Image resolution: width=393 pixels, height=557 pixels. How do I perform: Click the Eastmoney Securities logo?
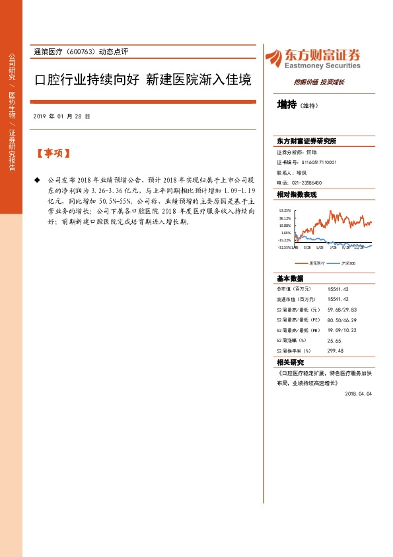pyautogui.click(x=312, y=58)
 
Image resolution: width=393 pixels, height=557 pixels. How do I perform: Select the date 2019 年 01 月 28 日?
pyautogui.click(x=61, y=116)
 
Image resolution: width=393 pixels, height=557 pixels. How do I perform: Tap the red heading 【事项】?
pyautogui.click(x=53, y=154)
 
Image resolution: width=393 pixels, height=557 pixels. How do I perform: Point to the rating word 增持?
pyautogui.click(x=287, y=105)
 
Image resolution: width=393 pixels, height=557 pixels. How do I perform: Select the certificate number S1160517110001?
pyautogui.click(x=318, y=161)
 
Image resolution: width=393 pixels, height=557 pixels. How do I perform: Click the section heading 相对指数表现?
pyautogui.click(x=297, y=194)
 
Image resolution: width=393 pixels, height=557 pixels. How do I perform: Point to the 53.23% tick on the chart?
pyautogui.click(x=285, y=210)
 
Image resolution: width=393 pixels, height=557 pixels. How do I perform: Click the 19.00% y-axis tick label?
pyautogui.click(x=285, y=225)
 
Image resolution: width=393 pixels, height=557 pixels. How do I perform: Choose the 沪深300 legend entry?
pyautogui.click(x=348, y=263)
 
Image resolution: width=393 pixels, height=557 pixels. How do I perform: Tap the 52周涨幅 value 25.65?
pyautogui.click(x=335, y=340)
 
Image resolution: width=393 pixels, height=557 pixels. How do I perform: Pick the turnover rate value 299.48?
pyautogui.click(x=336, y=351)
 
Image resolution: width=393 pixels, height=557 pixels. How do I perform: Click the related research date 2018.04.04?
pyautogui.click(x=359, y=393)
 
